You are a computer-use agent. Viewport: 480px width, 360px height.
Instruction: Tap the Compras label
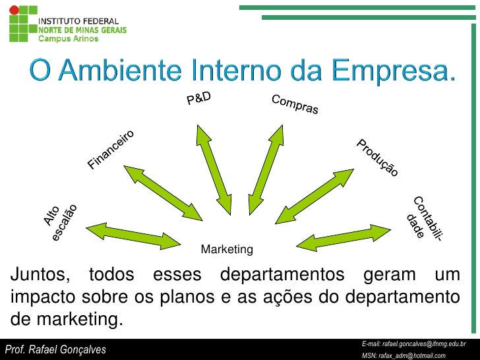(x=295, y=105)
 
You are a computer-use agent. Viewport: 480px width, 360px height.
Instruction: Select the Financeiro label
(x=111, y=148)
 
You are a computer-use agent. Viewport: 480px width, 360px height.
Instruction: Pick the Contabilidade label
(x=422, y=218)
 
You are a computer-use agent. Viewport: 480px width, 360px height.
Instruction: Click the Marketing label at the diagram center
(x=226, y=250)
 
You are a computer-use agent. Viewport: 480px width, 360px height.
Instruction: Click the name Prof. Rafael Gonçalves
(x=55, y=349)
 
